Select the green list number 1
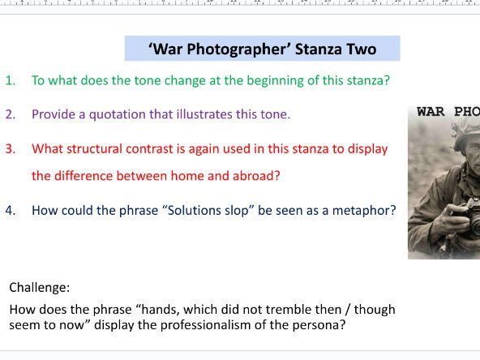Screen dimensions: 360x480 click(11, 80)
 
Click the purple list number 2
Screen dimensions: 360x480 click(11, 114)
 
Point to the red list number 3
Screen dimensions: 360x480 click(11, 149)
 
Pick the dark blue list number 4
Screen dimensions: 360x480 click(11, 210)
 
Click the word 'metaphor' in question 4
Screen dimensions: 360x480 click(367, 210)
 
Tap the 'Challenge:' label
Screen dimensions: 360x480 click(40, 287)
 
